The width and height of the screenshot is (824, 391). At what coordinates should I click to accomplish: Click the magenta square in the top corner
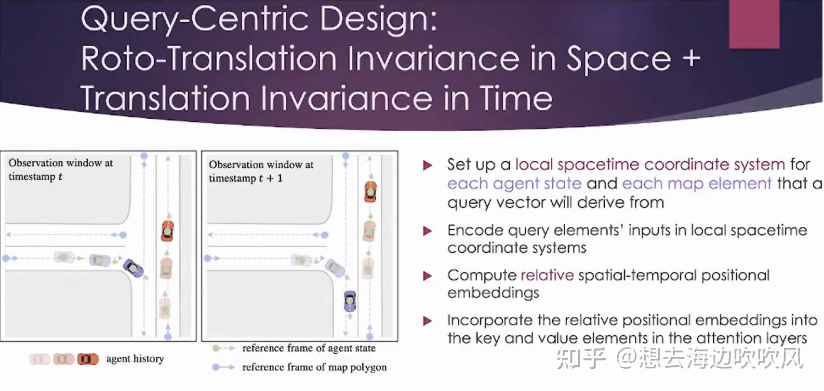tap(754, 24)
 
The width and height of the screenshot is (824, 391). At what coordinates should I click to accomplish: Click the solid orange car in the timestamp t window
tap(167, 231)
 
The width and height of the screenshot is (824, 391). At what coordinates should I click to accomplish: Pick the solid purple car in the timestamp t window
tap(133, 268)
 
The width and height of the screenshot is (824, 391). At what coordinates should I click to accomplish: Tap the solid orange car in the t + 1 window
tap(371, 191)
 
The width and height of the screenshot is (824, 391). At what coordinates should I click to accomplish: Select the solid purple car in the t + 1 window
tap(350, 301)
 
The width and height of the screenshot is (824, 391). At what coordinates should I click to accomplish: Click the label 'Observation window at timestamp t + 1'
tap(261, 171)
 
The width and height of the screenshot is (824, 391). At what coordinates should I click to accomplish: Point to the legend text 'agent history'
tap(135, 359)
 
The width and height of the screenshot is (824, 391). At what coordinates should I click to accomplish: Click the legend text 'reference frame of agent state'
tap(309, 348)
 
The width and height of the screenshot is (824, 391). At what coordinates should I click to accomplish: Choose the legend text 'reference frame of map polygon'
tap(315, 367)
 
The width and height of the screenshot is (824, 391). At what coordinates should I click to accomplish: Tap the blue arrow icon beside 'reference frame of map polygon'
tap(224, 367)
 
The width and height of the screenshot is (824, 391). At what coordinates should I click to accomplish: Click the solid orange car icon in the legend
tap(88, 359)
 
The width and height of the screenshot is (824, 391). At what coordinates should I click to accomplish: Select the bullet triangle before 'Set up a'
tap(427, 165)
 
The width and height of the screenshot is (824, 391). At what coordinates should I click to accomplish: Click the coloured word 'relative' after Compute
tap(547, 275)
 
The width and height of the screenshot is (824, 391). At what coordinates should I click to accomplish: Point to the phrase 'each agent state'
tap(514, 183)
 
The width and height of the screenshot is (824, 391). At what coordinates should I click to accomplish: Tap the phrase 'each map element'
tap(697, 183)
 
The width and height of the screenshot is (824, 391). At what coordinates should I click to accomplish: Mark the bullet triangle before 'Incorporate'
tap(427, 321)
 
